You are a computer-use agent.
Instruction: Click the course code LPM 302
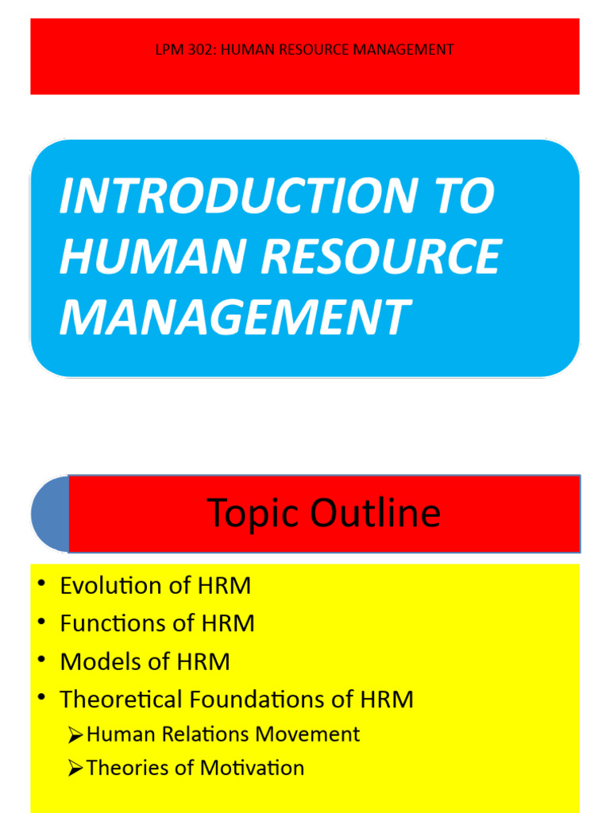pyautogui.click(x=181, y=50)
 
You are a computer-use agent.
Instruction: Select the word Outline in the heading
pyautogui.click(x=375, y=513)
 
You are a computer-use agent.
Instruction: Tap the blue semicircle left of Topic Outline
pyautogui.click(x=50, y=514)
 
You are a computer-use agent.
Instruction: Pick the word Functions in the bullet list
pyautogui.click(x=113, y=624)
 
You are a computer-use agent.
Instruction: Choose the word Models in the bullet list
pyautogui.click(x=96, y=661)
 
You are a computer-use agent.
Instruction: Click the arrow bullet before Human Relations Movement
pyautogui.click(x=75, y=735)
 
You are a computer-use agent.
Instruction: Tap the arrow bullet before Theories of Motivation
pyautogui.click(x=75, y=769)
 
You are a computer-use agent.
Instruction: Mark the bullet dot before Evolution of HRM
pyautogui.click(x=41, y=585)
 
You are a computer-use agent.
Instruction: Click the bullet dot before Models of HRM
pyautogui.click(x=41, y=661)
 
